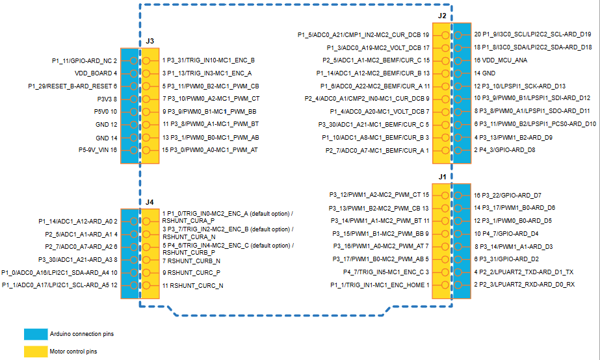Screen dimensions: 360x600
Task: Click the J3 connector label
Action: tap(150, 41)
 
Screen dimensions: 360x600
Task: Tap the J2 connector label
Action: tap(442, 15)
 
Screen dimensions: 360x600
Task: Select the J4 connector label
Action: tap(150, 202)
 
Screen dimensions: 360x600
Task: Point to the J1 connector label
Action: tap(442, 176)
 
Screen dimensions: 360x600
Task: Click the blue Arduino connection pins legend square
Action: tap(35, 334)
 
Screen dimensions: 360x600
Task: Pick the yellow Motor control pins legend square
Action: tap(35, 352)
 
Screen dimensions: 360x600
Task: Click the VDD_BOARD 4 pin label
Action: tap(96, 73)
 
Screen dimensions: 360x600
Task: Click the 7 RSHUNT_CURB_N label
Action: tap(193, 261)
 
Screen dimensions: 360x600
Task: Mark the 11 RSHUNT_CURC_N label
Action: tap(193, 285)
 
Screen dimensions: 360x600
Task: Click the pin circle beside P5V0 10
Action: tap(134, 112)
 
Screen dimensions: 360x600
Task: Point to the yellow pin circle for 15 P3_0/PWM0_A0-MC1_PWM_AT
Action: tap(146, 150)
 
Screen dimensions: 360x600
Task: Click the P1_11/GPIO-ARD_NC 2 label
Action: tap(85, 60)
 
